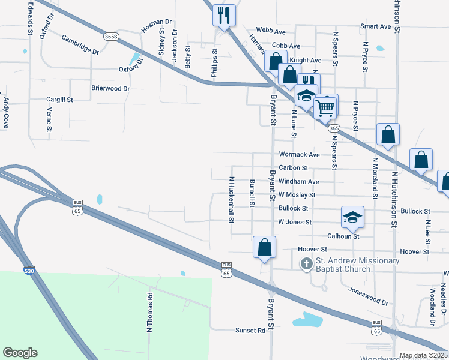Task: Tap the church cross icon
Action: pyautogui.click(x=306, y=263)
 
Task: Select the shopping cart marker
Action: pyautogui.click(x=325, y=108)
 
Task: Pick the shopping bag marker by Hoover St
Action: pyautogui.click(x=264, y=247)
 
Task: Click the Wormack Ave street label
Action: pyautogui.click(x=299, y=154)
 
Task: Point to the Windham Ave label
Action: pyautogui.click(x=299, y=181)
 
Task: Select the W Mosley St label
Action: pyautogui.click(x=297, y=195)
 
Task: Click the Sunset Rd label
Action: pyautogui.click(x=250, y=331)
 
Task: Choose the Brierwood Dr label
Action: pyautogui.click(x=110, y=88)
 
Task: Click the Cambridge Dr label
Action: pyautogui.click(x=80, y=45)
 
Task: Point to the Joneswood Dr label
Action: pyautogui.click(x=368, y=295)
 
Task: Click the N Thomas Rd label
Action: pyautogui.click(x=150, y=313)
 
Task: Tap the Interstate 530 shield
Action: pyautogui.click(x=29, y=271)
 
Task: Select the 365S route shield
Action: pyautogui.click(x=110, y=37)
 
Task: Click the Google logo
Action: pyautogui.click(x=20, y=353)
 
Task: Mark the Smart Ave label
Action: pyautogui.click(x=376, y=27)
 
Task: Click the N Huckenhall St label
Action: pyautogui.click(x=231, y=199)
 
